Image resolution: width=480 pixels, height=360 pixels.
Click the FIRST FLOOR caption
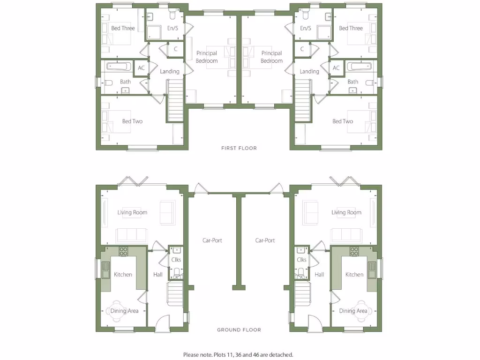[x=239, y=148]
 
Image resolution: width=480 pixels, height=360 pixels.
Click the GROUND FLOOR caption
[x=239, y=330]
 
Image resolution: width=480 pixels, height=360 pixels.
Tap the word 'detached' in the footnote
[x=282, y=355]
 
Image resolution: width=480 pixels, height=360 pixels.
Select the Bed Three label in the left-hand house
[x=123, y=28]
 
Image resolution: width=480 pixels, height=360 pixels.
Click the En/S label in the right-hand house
[x=306, y=28]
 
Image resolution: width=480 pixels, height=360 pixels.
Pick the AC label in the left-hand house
[x=141, y=68]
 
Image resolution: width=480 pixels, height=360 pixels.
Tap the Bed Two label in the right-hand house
[x=343, y=121]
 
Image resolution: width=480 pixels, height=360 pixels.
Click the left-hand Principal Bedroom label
[x=207, y=57]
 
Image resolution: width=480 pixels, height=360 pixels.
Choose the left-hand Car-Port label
[x=212, y=240]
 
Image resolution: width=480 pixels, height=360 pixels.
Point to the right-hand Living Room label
[x=346, y=212]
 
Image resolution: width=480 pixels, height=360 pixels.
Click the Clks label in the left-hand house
[x=176, y=260]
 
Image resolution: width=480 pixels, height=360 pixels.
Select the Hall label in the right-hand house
[x=319, y=275]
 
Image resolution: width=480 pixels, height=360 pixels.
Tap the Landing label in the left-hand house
[x=170, y=72]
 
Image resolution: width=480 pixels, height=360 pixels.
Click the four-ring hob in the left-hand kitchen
[x=123, y=251]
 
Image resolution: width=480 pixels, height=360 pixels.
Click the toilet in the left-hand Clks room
[x=176, y=271]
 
